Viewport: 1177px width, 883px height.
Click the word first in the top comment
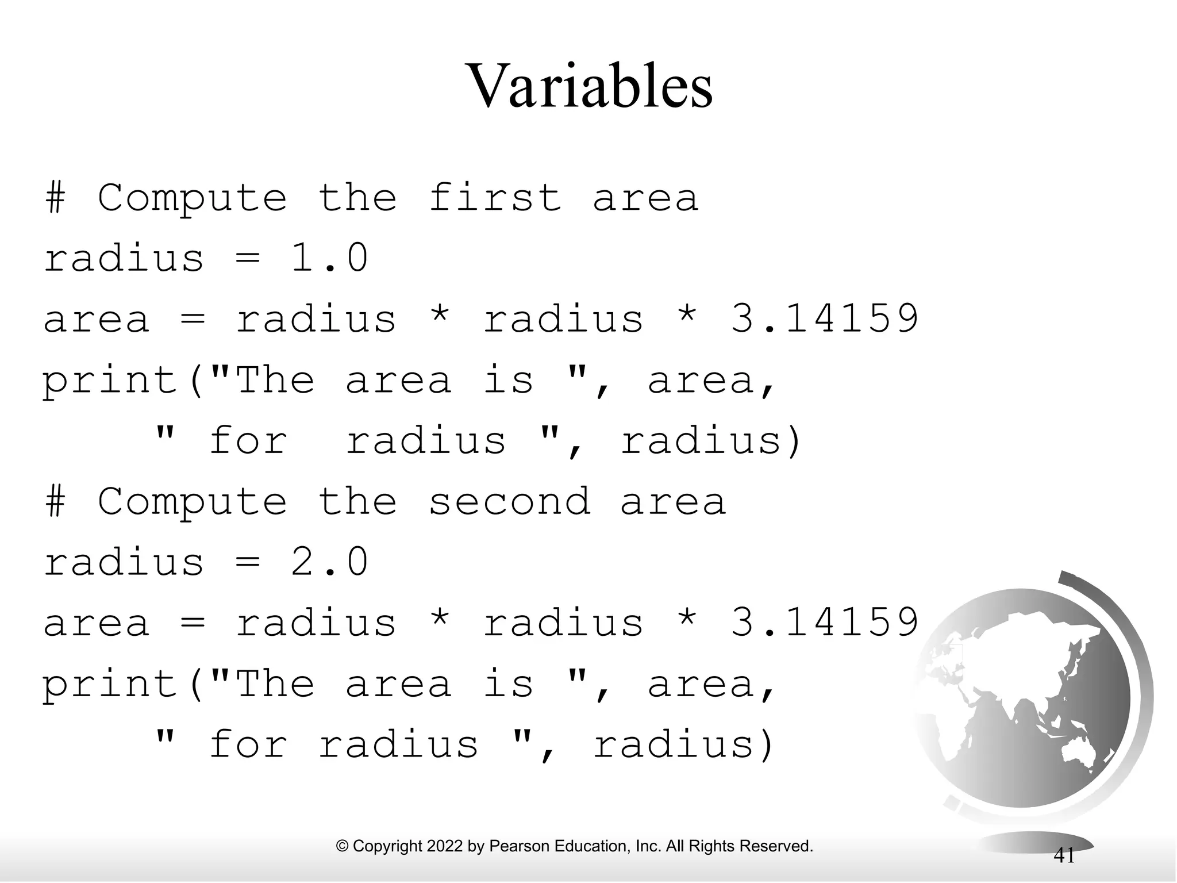click(495, 198)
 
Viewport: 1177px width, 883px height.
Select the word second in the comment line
click(509, 501)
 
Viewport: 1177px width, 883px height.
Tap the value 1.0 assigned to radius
click(329, 258)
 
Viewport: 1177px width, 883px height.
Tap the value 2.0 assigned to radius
click(329, 562)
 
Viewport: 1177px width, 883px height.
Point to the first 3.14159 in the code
click(824, 318)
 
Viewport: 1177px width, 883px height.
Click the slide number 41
click(1064, 855)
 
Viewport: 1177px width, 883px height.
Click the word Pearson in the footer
click(513, 846)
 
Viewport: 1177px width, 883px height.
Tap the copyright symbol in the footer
click(343, 846)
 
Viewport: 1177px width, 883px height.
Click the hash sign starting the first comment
click(55, 198)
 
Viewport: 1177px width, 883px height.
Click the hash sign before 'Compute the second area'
click(55, 501)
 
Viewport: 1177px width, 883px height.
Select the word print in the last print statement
click(110, 685)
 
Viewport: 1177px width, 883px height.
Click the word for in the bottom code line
click(248, 745)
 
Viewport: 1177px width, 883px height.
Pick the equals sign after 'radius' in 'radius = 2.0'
click(248, 563)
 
